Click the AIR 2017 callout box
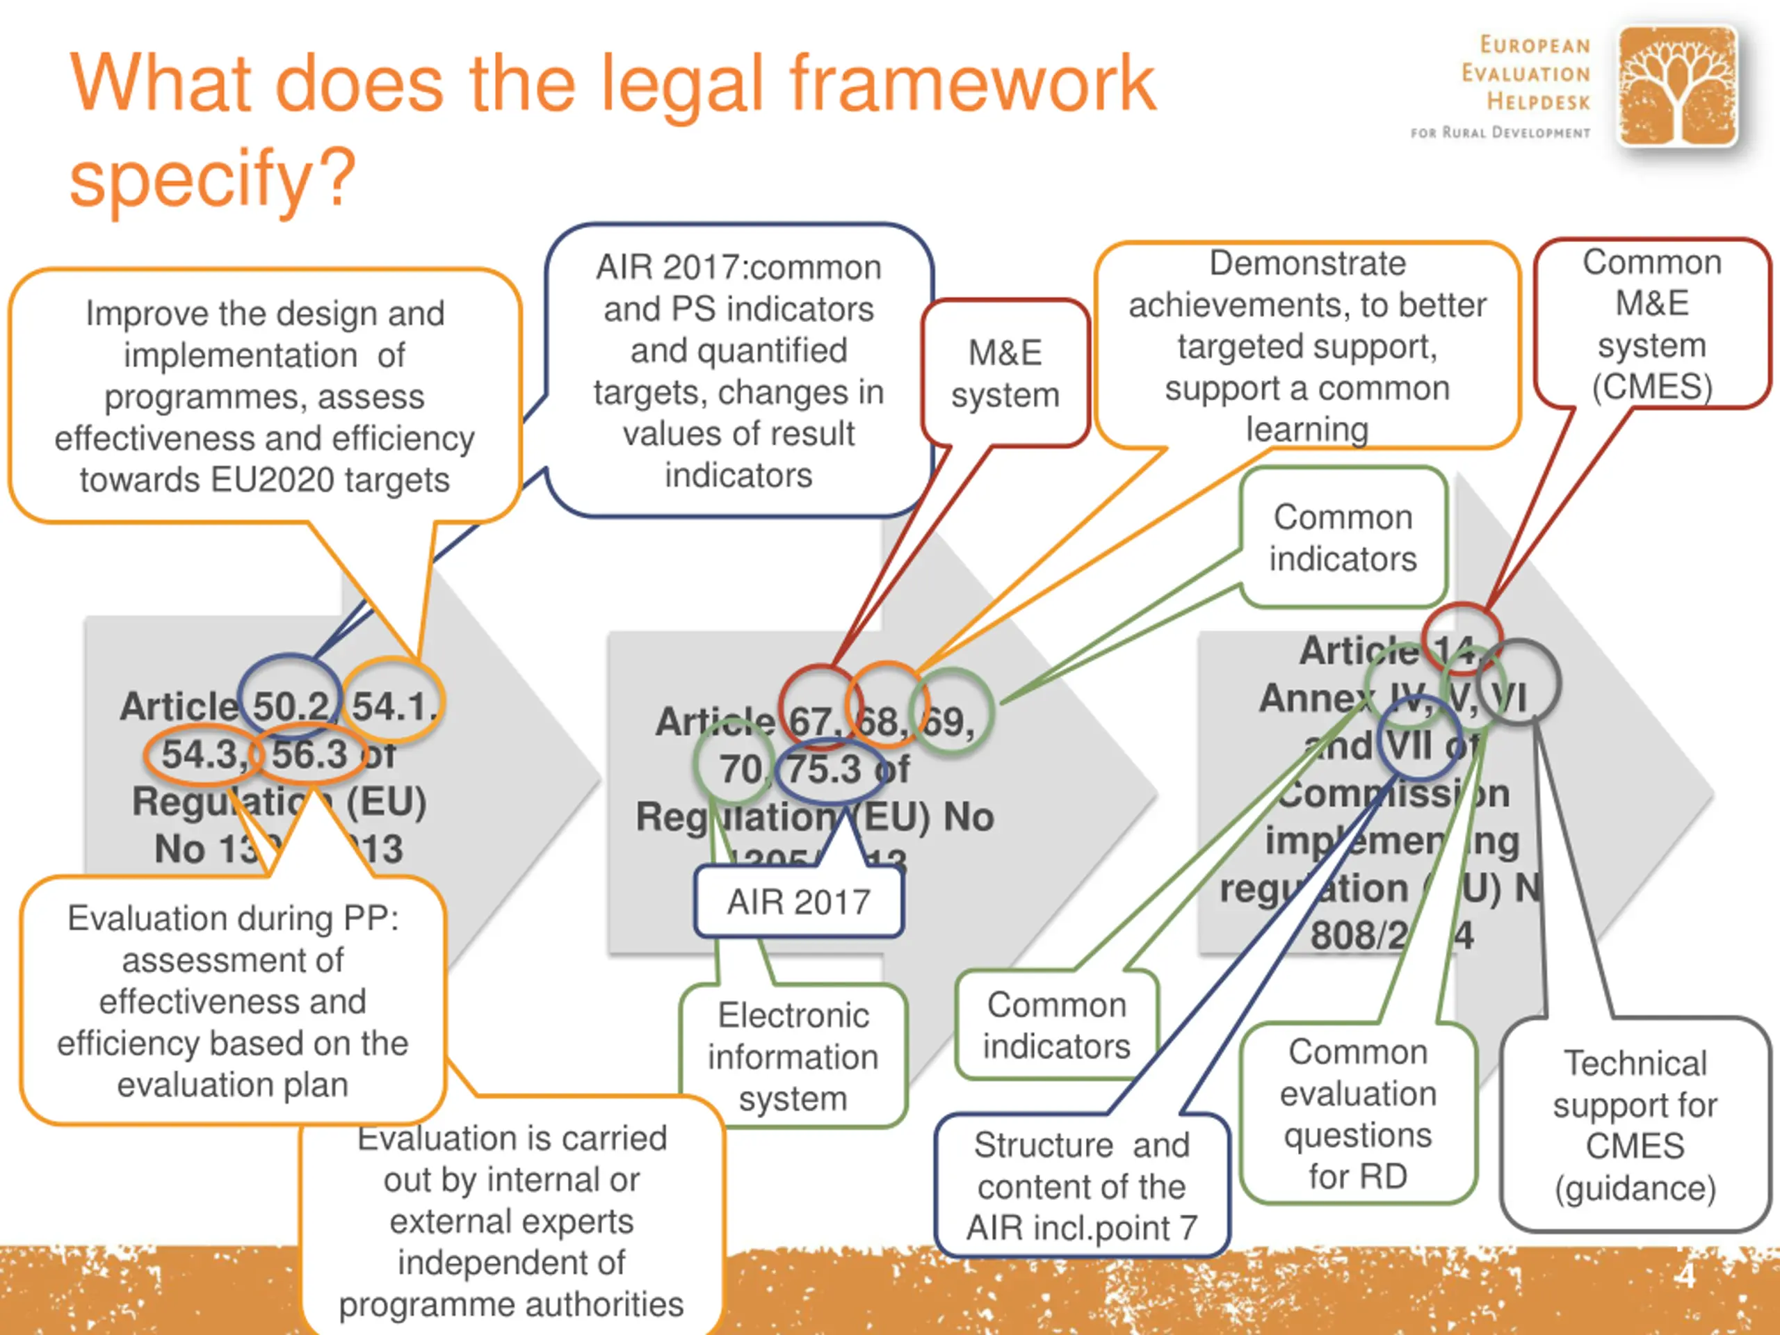pyautogui.click(x=798, y=902)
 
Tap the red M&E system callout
pyautogui.click(x=1005, y=374)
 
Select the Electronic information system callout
pyautogui.click(x=793, y=1057)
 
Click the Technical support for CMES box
pyautogui.click(x=1635, y=1125)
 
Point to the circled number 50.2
pyautogui.click(x=291, y=706)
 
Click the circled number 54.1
pyautogui.click(x=394, y=706)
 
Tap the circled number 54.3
pyautogui.click(x=202, y=754)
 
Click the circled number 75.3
pyautogui.click(x=824, y=769)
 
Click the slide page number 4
pyautogui.click(x=1684, y=1277)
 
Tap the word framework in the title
pyautogui.click(x=972, y=83)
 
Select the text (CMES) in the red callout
pyautogui.click(x=1652, y=387)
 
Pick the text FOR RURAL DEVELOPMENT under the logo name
pyautogui.click(x=1500, y=133)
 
